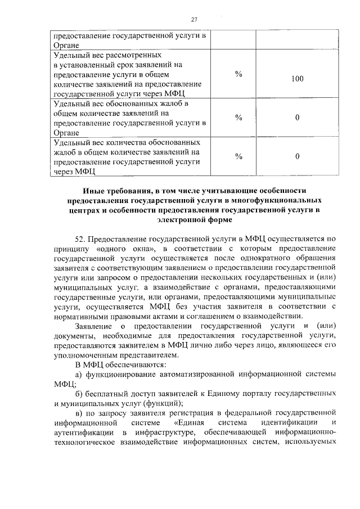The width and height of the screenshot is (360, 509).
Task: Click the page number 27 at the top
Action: pyautogui.click(x=195, y=20)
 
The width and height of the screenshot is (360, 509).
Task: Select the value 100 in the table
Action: pyautogui.click(x=298, y=79)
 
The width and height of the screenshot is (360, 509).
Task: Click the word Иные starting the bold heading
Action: pyautogui.click(x=93, y=191)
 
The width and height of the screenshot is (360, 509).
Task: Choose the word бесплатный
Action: pyautogui.click(x=108, y=394)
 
